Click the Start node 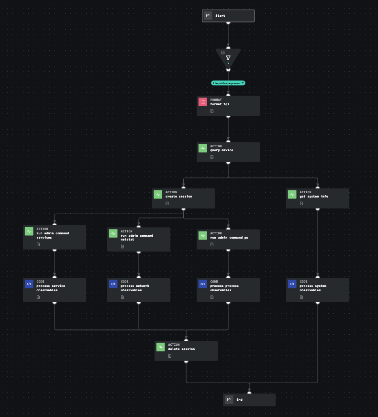click(x=228, y=16)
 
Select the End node click(x=249, y=400)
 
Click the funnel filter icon click(x=228, y=58)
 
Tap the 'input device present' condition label click(x=228, y=83)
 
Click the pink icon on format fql click(x=203, y=102)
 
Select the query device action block click(x=228, y=152)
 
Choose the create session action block click(x=183, y=198)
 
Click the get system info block click(x=317, y=198)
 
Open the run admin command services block click(x=55, y=237)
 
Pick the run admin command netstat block click(x=139, y=239)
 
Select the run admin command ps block click(x=228, y=239)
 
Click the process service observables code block click(x=55, y=290)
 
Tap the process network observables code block click(x=139, y=290)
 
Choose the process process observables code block click(x=228, y=290)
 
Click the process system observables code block click(x=317, y=290)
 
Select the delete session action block click(x=186, y=351)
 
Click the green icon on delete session click(x=161, y=347)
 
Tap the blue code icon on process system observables click(x=292, y=284)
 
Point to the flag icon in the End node click(x=229, y=400)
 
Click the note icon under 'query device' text click(x=212, y=157)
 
